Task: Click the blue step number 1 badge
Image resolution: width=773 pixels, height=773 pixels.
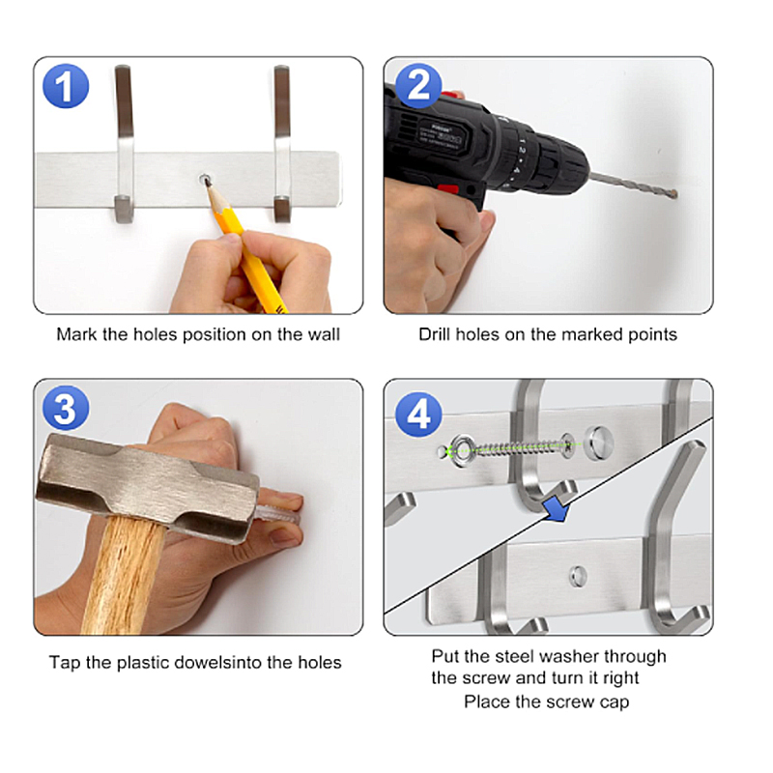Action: click(66, 86)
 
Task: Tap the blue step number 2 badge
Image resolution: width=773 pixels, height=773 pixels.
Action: click(418, 86)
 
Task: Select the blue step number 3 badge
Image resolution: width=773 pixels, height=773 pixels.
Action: click(66, 408)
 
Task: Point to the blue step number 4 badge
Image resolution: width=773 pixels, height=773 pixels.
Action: click(418, 415)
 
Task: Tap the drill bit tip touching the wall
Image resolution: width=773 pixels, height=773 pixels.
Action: click(674, 194)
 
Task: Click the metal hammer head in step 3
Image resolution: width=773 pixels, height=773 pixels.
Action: click(147, 488)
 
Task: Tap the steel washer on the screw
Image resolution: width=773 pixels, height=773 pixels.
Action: click(463, 450)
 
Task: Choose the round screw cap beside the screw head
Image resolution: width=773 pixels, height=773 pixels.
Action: click(598, 442)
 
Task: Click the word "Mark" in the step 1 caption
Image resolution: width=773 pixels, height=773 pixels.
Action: click(77, 334)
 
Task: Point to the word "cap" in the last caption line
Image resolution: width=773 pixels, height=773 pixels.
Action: click(615, 702)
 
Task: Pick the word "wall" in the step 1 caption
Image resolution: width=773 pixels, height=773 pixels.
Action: click(324, 334)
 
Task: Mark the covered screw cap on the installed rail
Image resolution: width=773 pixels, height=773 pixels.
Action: click(578, 576)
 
